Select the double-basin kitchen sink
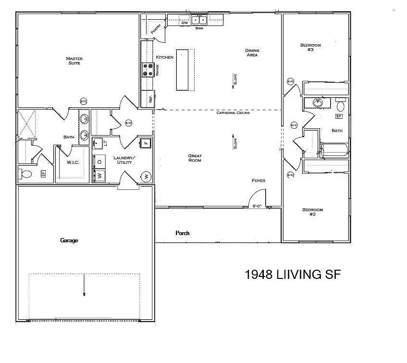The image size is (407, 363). click(199, 20)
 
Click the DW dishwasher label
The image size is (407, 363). click(184, 23)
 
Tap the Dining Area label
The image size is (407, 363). click(252, 52)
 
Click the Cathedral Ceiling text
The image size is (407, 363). click(233, 113)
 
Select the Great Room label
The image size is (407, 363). click(195, 158)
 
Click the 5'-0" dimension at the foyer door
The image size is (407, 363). click(258, 206)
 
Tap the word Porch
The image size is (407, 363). click(182, 233)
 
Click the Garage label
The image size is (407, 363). click(69, 240)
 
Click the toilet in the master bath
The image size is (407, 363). click(26, 174)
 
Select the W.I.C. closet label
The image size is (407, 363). click(73, 163)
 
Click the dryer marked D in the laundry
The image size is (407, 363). click(99, 161)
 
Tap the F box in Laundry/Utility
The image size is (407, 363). click(146, 142)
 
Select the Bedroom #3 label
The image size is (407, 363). click(310, 47)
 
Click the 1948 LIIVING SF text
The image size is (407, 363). click(293, 275)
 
